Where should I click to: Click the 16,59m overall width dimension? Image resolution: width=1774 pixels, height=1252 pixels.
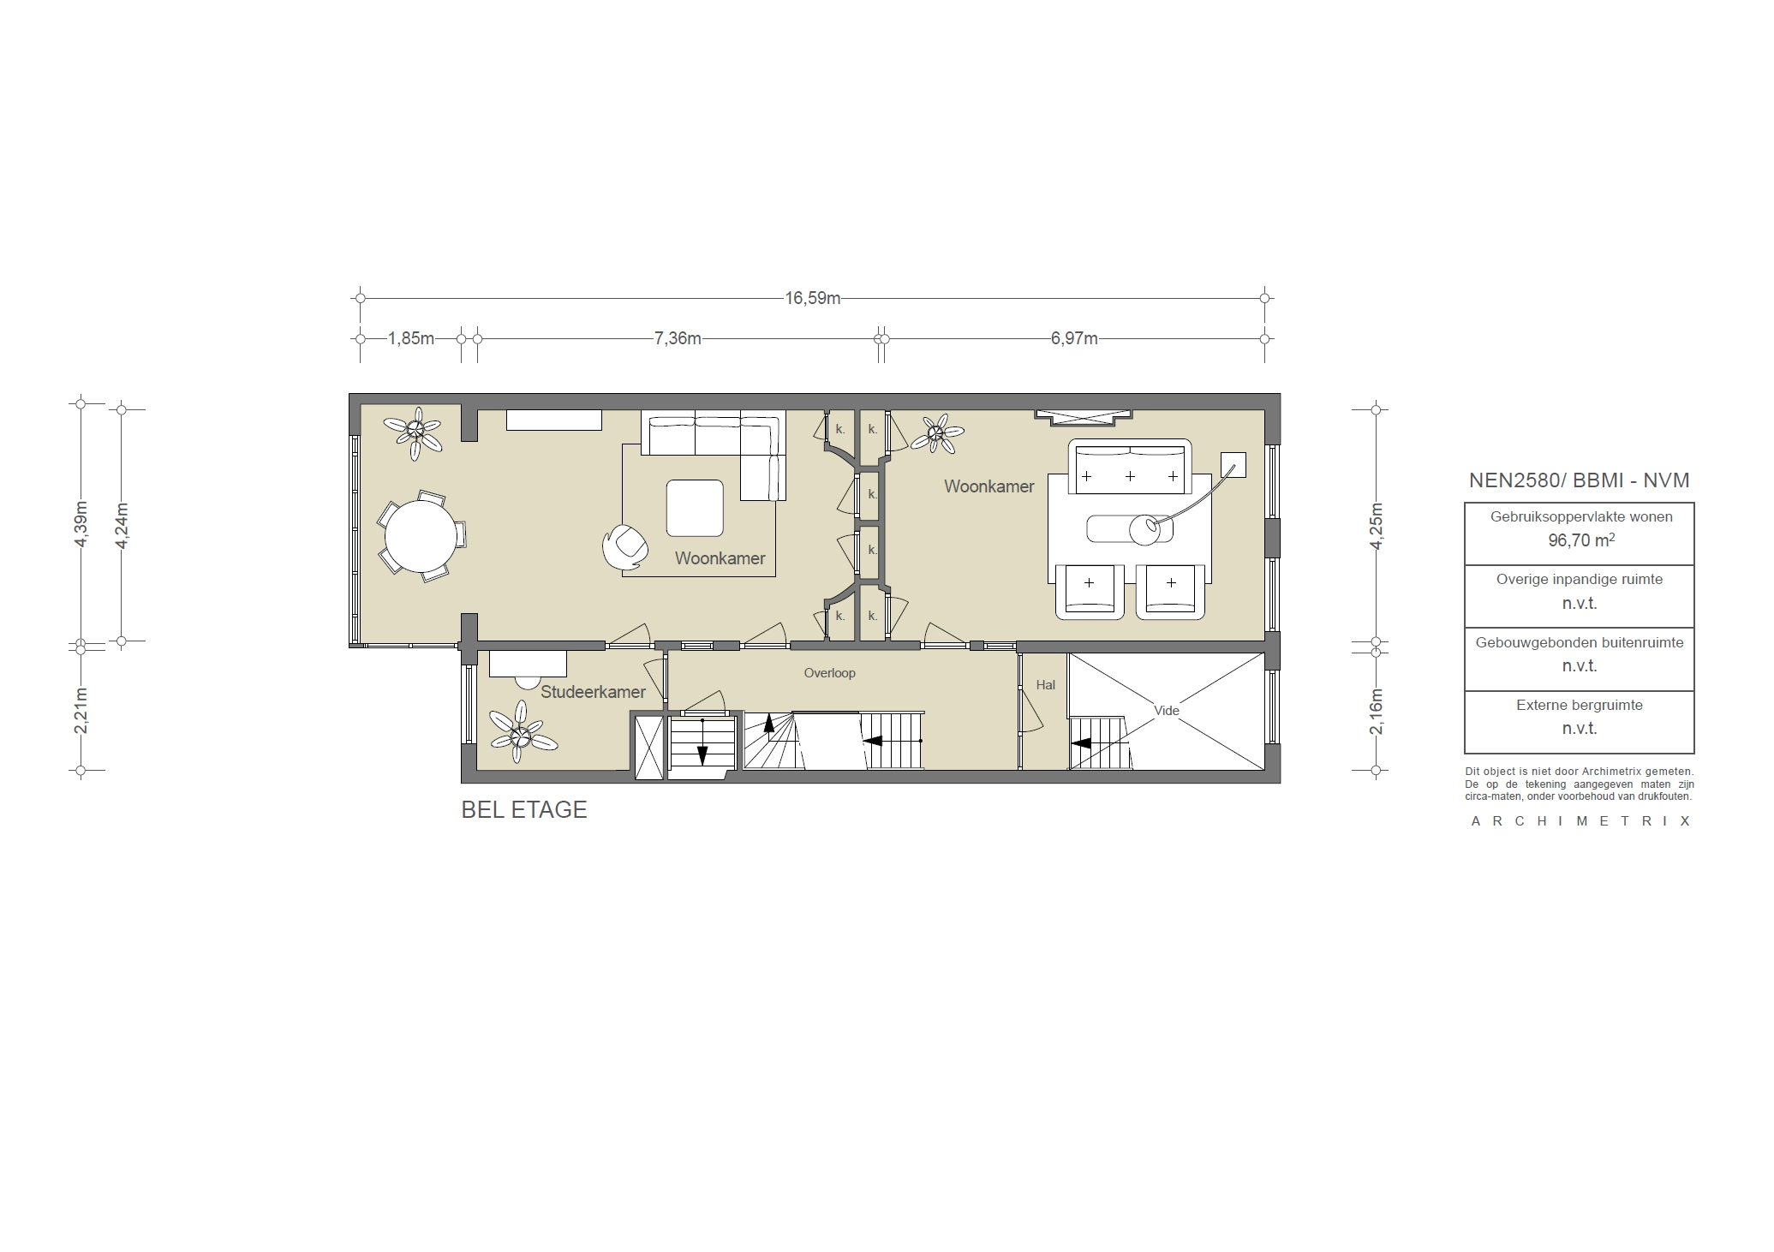tap(812, 299)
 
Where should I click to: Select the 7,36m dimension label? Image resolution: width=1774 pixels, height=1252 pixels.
tap(677, 339)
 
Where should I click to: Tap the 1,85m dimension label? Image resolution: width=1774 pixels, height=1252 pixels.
tap(410, 339)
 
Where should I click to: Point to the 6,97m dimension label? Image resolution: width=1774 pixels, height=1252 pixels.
tap(1074, 339)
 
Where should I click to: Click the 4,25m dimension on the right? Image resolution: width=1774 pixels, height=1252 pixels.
tap(1376, 524)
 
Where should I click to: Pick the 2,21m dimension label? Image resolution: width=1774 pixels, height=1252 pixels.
tap(81, 710)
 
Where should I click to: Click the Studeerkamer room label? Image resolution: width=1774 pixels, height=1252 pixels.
tap(592, 692)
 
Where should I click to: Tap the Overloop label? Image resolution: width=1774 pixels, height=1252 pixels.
tap(829, 673)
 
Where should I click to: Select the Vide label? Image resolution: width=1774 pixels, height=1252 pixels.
tap(1166, 711)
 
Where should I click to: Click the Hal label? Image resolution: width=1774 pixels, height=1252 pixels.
tap(1045, 685)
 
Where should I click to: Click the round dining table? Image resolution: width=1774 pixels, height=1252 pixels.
tap(421, 536)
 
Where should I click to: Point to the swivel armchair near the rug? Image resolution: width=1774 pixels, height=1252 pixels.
tap(624, 546)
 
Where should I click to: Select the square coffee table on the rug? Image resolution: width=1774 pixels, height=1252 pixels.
tap(695, 508)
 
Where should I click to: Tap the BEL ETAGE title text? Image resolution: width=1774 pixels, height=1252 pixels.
tap(524, 810)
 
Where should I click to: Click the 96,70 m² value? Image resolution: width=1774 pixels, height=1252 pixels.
tap(1580, 540)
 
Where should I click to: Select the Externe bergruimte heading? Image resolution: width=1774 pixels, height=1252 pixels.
tap(1580, 706)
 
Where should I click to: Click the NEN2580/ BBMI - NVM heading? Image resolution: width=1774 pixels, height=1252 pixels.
tap(1580, 480)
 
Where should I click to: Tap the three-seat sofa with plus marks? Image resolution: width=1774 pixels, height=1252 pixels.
tap(1130, 469)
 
